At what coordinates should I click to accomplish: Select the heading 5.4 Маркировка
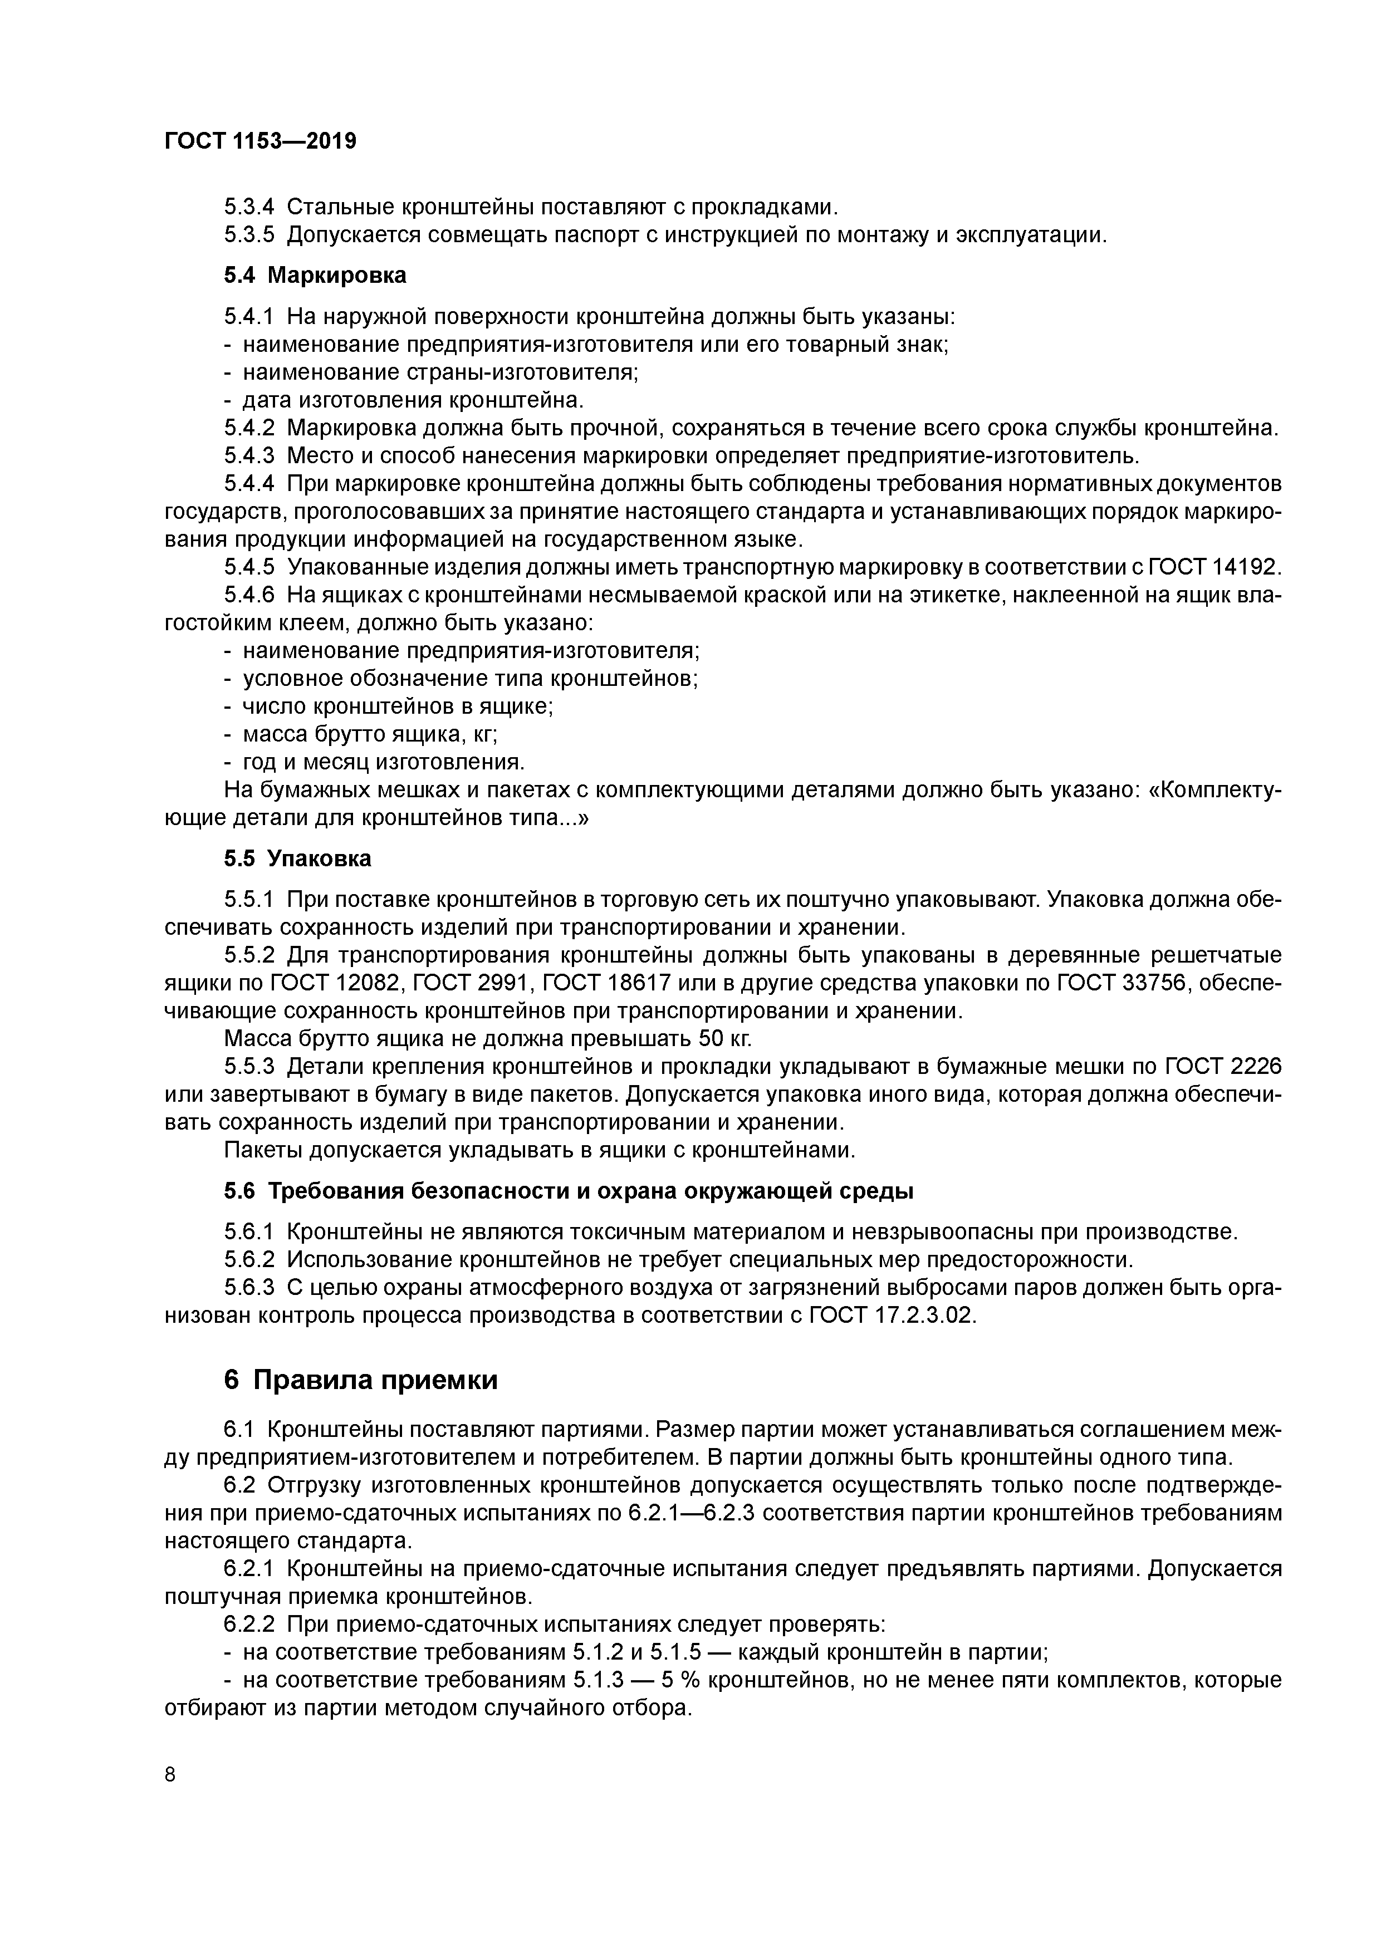[315, 275]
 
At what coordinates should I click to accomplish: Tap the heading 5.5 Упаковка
[298, 858]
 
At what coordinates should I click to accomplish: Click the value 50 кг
[725, 1039]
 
